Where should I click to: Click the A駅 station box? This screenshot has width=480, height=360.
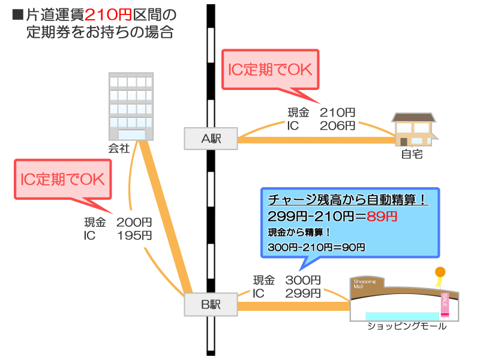[x=211, y=139]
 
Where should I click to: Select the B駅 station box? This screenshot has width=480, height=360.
[x=211, y=305]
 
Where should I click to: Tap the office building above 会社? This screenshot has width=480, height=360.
[x=130, y=107]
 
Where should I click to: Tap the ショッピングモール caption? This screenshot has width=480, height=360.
[x=407, y=326]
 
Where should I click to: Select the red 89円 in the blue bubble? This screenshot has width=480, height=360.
[x=382, y=217]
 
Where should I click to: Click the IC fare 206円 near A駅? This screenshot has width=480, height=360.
[x=337, y=125]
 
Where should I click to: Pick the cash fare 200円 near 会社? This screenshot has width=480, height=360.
[x=134, y=223]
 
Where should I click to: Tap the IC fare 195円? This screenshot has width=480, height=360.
[x=134, y=236]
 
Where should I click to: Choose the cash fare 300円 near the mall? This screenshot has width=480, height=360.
[x=302, y=280]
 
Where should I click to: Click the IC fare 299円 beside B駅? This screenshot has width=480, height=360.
[x=302, y=293]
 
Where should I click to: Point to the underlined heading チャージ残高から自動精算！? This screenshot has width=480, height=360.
[x=348, y=200]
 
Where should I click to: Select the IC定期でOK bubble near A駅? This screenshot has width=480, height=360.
[x=271, y=70]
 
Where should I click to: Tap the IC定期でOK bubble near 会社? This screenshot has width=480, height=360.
[x=63, y=179]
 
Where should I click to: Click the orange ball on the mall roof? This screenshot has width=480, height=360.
[x=440, y=272]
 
